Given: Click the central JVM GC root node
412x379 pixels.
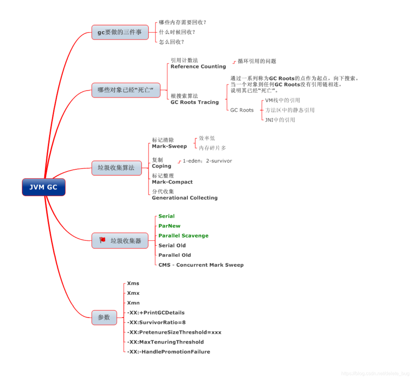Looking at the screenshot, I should point(43,187).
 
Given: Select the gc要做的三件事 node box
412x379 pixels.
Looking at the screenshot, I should point(120,32).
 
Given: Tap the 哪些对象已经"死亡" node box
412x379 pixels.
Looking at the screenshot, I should point(126,90).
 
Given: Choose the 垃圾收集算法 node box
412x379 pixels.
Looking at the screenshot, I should point(116,168).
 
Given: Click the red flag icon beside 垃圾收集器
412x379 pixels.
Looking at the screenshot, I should point(103,240).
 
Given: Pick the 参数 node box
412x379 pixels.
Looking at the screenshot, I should point(104,317).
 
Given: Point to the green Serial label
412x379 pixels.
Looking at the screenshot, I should point(167,216).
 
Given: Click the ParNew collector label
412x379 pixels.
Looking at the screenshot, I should point(169,226).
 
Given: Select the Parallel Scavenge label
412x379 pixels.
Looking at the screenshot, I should point(183,236).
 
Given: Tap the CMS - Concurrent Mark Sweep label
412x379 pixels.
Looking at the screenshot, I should point(201,265).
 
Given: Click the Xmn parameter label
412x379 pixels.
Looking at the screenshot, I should point(133,303).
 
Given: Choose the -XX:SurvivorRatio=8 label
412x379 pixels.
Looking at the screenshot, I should point(156,322).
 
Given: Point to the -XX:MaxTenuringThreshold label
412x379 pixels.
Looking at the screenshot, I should point(165,342).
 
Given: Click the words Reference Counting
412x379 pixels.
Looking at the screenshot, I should point(198,67).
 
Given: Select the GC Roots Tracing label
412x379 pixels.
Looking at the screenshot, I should point(194,102).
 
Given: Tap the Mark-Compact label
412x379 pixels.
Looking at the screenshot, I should point(172,182).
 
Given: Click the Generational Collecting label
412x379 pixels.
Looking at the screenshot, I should point(184,198).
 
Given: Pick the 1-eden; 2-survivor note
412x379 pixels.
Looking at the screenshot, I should point(207,161).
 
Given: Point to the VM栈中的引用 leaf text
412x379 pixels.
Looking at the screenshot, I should point(282,100).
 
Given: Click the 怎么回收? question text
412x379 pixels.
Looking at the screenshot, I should point(171,42).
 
